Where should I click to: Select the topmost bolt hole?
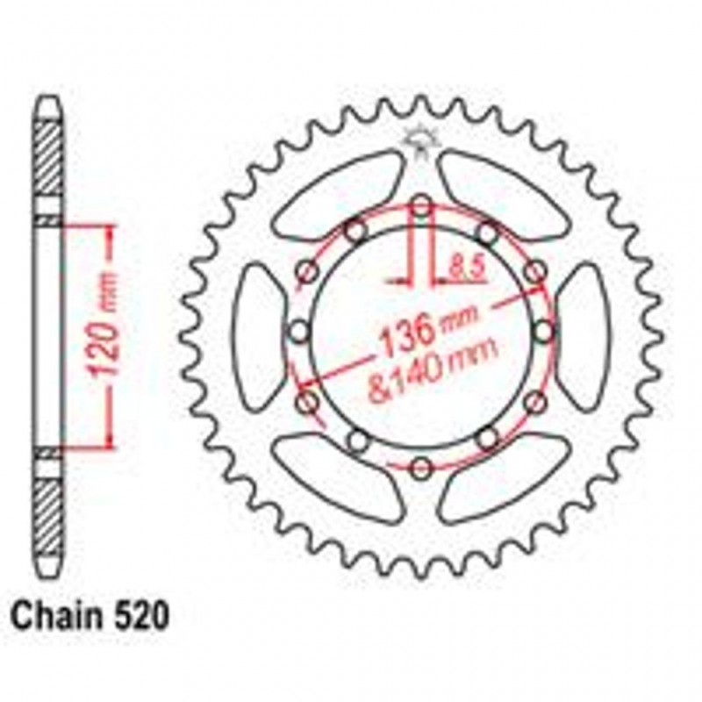(421, 207)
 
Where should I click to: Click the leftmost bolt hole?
(300, 332)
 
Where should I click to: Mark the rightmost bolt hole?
(544, 332)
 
